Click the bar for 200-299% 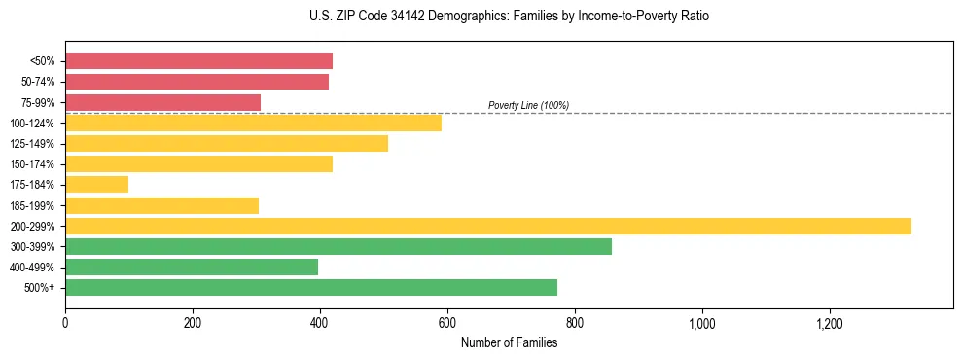point(487,226)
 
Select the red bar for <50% point(198,61)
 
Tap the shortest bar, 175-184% point(96,185)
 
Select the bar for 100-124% point(253,123)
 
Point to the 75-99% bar point(162,102)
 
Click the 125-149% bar point(226,143)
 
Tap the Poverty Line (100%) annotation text point(528,105)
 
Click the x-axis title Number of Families point(509,342)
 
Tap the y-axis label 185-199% point(35,205)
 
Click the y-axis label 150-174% point(35,164)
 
